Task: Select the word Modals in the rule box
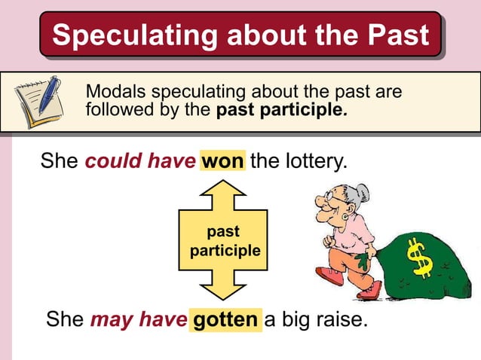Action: [116, 92]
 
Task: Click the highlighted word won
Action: [222, 162]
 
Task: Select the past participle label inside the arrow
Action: [224, 240]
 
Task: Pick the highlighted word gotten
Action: [225, 320]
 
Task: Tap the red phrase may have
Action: [139, 320]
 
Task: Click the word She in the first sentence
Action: [59, 162]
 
